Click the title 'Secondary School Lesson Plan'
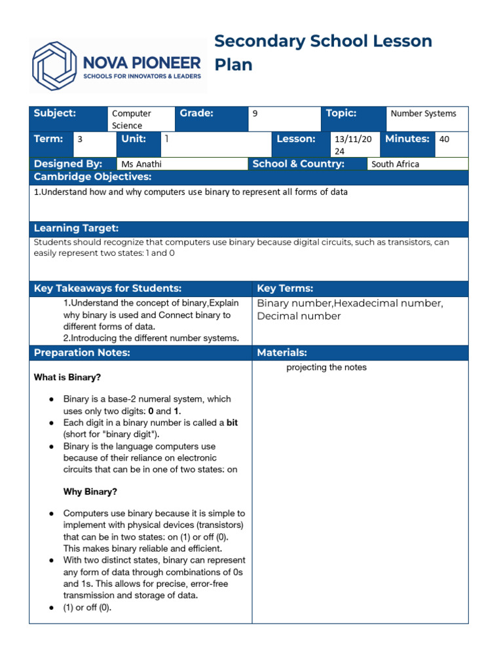[323, 52]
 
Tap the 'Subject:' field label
[55, 113]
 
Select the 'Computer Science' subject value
[131, 119]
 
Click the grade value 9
[255, 113]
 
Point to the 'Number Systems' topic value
[423, 113]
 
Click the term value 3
[80, 139]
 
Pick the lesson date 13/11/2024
[352, 145]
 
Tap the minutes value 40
[444, 139]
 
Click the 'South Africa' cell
[395, 164]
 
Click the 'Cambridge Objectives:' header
[92, 177]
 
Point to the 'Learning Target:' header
[76, 228]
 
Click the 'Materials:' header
[282, 353]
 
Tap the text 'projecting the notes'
[326, 368]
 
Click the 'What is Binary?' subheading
[67, 378]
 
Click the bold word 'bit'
[232, 423]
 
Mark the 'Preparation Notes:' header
[82, 353]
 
